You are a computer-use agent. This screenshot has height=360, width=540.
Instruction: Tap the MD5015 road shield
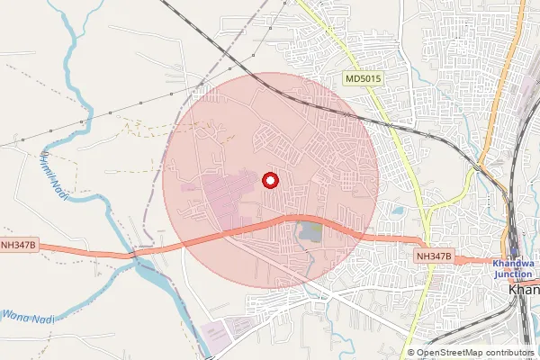(x=364, y=80)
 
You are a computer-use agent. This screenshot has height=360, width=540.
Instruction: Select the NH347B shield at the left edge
(x=18, y=244)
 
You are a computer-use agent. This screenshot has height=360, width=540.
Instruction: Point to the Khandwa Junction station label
(x=516, y=266)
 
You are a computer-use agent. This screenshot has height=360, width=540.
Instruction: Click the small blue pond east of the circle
(x=397, y=212)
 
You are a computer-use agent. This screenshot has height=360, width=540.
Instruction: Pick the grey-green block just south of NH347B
(x=310, y=232)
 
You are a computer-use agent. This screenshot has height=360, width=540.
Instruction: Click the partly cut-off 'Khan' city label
(x=524, y=291)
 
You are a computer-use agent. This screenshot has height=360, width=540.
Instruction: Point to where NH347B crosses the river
(x=135, y=255)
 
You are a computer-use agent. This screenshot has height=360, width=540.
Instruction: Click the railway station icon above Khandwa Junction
(x=514, y=252)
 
